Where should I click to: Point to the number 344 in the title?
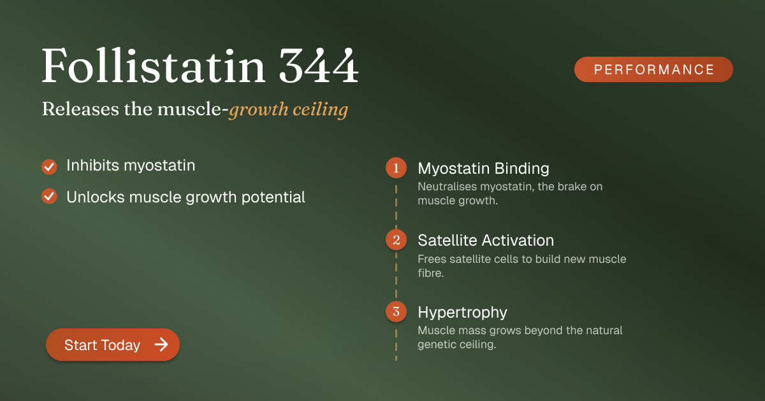[x=319, y=65]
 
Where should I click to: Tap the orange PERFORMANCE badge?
[x=653, y=69]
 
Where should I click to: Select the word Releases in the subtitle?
[x=80, y=109]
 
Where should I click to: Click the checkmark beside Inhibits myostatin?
[x=49, y=167]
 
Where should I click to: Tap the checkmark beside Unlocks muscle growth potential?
[x=49, y=197]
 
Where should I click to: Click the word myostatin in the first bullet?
[x=159, y=166]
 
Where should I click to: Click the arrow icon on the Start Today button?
[x=161, y=344]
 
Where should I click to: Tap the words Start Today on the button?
[x=103, y=345]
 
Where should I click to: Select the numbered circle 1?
[x=396, y=168]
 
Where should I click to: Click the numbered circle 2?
[x=396, y=240]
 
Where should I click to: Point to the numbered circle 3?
[x=396, y=311]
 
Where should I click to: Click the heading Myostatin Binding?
[x=484, y=169]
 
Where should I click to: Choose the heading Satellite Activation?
[x=486, y=241]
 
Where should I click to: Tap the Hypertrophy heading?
[x=462, y=313]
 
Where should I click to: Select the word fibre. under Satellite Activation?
[x=431, y=273]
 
